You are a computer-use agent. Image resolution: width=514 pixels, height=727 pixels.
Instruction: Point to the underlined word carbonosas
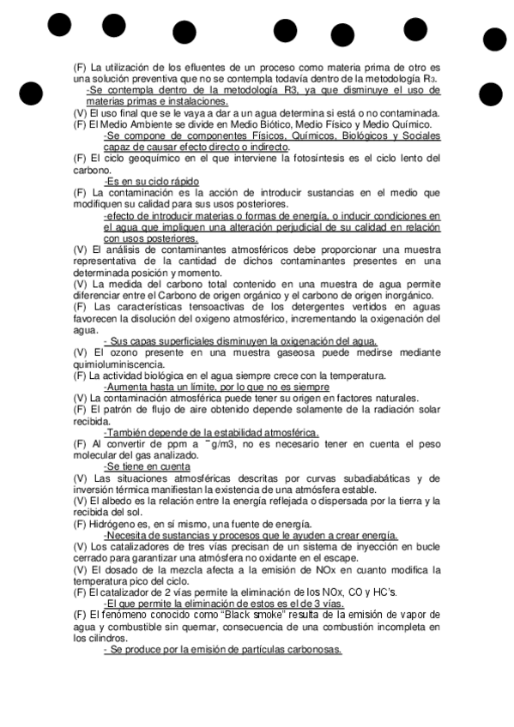(x=313, y=649)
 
